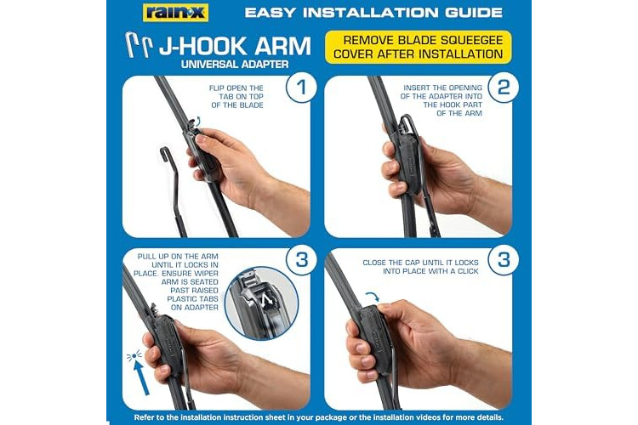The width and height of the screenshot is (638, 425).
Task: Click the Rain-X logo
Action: click(175, 13)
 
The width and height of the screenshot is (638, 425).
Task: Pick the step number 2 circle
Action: click(504, 87)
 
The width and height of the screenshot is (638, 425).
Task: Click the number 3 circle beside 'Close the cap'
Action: click(504, 259)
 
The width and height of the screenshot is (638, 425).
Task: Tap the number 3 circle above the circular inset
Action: click(301, 259)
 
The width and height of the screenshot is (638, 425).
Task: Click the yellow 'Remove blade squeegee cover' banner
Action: click(418, 48)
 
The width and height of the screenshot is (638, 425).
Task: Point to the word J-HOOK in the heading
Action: click(202, 46)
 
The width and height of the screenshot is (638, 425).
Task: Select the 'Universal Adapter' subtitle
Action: click(235, 65)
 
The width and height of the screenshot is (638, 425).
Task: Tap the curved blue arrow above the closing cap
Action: click(373, 297)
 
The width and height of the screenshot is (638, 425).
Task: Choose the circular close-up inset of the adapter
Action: click(262, 303)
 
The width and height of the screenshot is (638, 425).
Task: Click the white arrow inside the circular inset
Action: click(266, 300)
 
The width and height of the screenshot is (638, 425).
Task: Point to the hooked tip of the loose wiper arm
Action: click(164, 151)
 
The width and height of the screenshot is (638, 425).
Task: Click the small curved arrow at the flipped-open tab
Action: click(197, 120)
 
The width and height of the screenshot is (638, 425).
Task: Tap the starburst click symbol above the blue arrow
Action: click(134, 355)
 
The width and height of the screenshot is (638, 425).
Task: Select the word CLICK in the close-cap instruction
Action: click(468, 271)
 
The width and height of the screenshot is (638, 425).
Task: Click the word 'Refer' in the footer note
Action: click(144, 417)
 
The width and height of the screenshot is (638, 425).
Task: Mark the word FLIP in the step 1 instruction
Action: click(216, 88)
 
